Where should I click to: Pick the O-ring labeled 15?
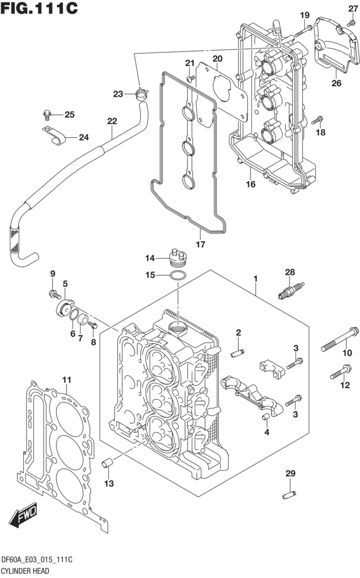point(177,276)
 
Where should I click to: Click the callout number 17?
point(200,244)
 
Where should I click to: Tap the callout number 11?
point(67,379)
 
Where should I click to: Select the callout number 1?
point(256,279)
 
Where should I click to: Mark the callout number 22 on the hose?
point(112,121)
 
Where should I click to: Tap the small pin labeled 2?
point(238,353)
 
